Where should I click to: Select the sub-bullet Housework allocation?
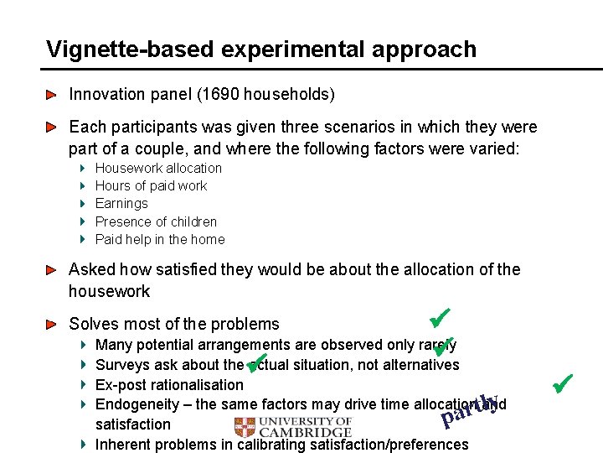158,168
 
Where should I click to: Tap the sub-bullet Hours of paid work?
151,185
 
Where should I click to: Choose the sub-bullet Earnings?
121,203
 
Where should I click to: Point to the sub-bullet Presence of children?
156,221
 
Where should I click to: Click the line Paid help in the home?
160,239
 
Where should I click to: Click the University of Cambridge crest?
245,426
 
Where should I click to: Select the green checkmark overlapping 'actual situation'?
256,362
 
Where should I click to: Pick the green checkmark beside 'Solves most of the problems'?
439,319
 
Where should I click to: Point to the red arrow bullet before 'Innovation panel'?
52,95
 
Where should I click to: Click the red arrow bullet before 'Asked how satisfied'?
52,270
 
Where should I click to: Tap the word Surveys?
121,365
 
